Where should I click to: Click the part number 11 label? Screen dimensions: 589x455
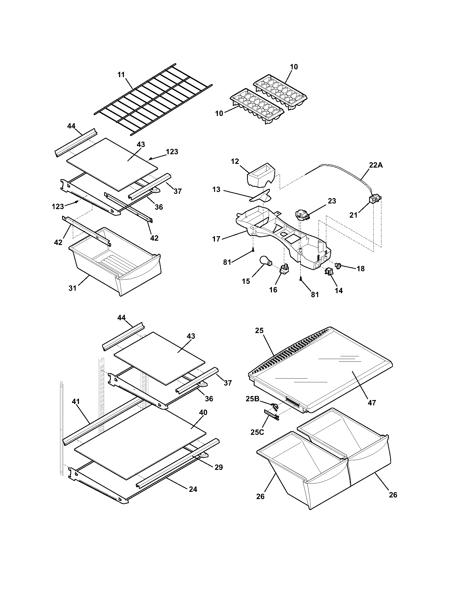click(x=121, y=75)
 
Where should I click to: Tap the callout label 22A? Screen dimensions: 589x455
click(x=376, y=165)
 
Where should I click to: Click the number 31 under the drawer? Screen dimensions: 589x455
click(x=73, y=288)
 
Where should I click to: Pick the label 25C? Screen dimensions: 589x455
click(x=257, y=432)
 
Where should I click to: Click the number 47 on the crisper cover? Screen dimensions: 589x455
click(x=372, y=403)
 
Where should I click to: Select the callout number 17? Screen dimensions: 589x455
click(x=216, y=239)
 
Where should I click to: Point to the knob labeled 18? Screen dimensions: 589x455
click(x=338, y=266)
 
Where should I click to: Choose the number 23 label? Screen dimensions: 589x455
click(x=332, y=201)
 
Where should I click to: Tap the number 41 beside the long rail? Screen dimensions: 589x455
click(x=76, y=409)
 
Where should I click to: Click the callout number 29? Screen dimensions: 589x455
click(x=219, y=467)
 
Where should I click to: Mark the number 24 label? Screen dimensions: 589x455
click(x=193, y=489)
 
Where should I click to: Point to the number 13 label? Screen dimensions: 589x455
click(x=216, y=189)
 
